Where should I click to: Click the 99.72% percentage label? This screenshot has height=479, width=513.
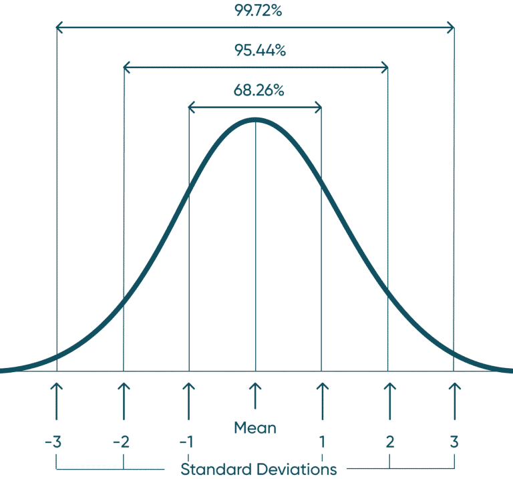(x=258, y=11)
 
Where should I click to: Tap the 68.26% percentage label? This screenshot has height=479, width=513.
(x=259, y=91)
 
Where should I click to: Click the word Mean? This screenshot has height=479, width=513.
(x=255, y=428)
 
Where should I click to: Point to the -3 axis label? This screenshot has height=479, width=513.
(x=53, y=442)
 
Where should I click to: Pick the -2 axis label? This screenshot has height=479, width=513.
(x=121, y=442)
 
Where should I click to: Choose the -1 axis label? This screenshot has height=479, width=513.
(x=186, y=442)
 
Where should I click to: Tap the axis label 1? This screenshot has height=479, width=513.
(x=322, y=442)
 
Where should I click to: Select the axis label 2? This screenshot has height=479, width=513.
(x=389, y=442)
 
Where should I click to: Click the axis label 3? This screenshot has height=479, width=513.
(x=454, y=442)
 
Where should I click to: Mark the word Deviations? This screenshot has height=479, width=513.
(x=300, y=468)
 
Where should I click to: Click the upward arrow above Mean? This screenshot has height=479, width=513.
(x=254, y=395)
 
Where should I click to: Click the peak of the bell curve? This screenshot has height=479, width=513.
(x=255, y=120)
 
